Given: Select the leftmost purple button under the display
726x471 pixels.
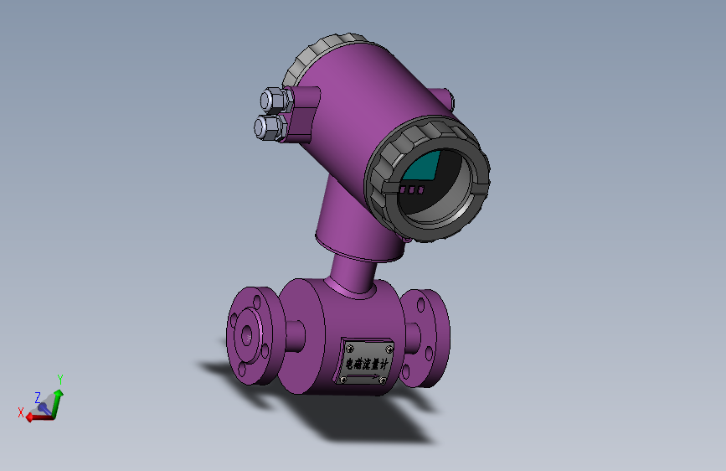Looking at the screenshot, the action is [x=402, y=189].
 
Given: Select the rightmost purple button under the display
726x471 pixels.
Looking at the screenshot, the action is [x=421, y=189].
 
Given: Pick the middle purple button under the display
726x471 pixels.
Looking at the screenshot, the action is [x=412, y=189].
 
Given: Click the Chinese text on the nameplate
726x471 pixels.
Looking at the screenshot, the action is [x=367, y=364].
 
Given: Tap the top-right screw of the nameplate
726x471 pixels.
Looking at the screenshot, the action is [x=389, y=349].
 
